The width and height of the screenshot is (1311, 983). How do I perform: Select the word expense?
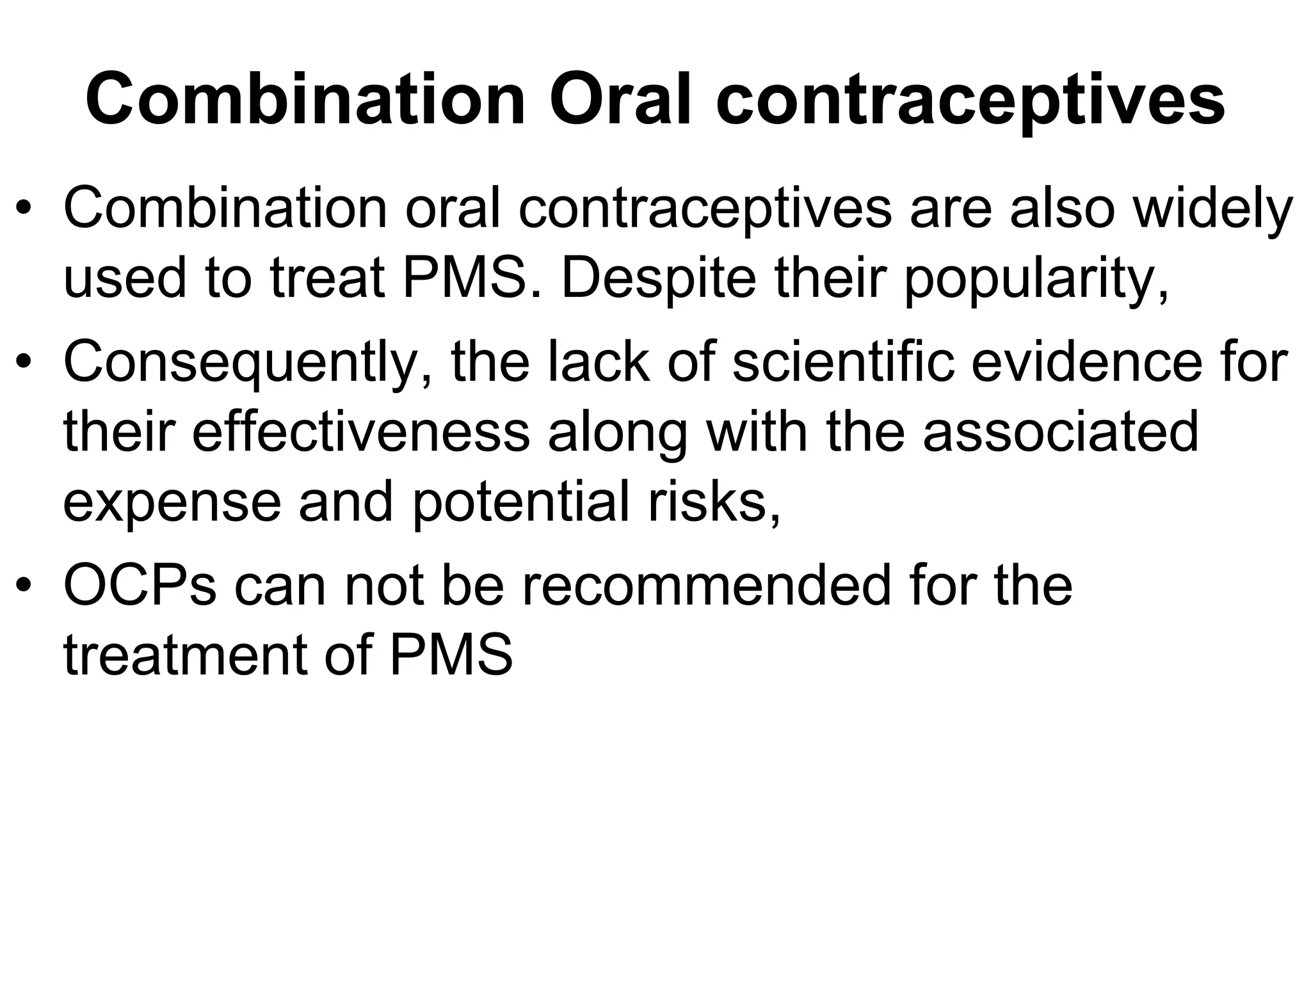172,504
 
